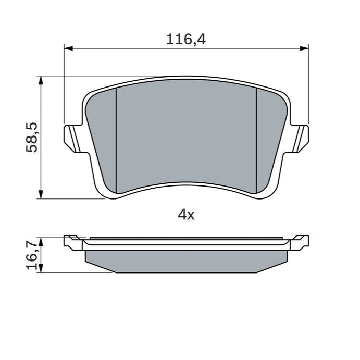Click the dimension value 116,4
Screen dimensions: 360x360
[x=186, y=39]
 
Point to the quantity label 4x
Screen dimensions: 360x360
[x=186, y=214]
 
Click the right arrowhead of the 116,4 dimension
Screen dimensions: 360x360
[x=305, y=48]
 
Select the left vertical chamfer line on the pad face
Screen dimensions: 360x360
[x=115, y=138]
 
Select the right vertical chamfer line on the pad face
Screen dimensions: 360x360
[x=257, y=138]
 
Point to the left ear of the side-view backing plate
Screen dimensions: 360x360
[x=72, y=241]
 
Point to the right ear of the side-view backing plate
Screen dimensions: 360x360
[x=300, y=241]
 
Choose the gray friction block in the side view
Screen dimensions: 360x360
[x=186, y=260]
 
